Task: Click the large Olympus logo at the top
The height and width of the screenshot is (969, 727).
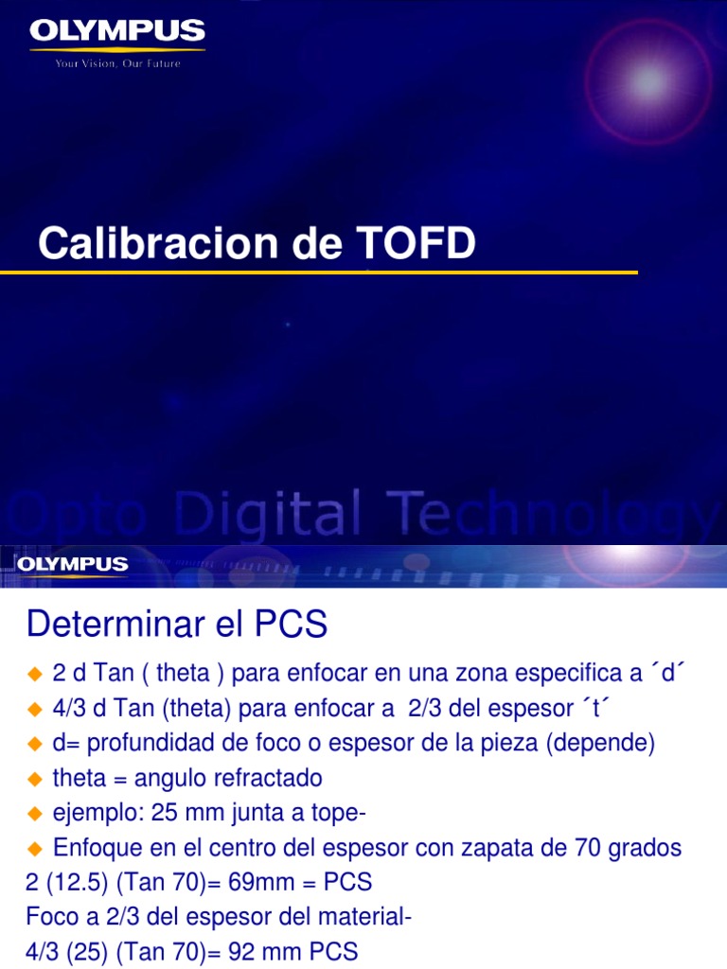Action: (117, 32)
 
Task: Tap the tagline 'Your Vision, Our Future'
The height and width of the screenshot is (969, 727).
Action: (117, 63)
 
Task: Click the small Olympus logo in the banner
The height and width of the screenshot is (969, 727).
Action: (72, 564)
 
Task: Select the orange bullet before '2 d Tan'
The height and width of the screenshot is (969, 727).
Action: (36, 674)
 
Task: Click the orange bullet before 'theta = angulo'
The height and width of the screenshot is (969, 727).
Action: (36, 779)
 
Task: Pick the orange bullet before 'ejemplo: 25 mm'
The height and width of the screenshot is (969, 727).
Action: (36, 814)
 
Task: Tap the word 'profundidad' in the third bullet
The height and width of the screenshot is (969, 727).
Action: (150, 744)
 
